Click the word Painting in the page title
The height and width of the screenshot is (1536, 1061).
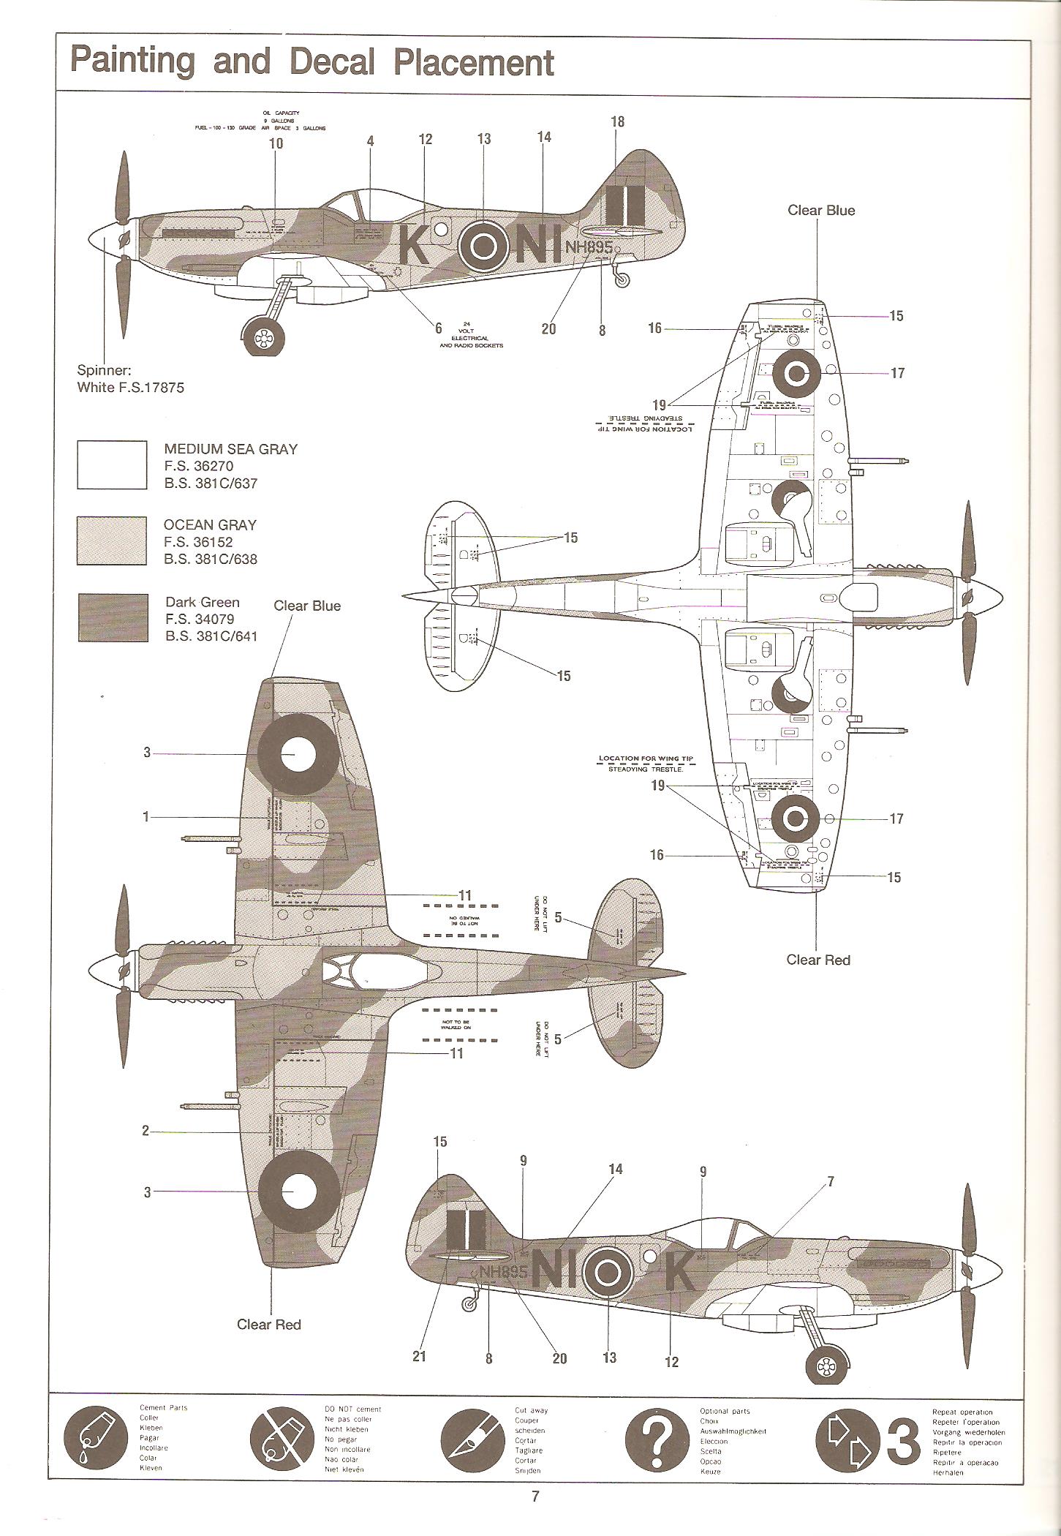pyautogui.click(x=132, y=61)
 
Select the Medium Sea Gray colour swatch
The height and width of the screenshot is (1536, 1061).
pyautogui.click(x=112, y=464)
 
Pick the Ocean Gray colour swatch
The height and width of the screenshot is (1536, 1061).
pyautogui.click(x=112, y=541)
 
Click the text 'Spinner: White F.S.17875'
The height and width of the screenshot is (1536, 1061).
pyautogui.click(x=130, y=379)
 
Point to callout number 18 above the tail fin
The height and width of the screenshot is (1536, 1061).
pyautogui.click(x=617, y=121)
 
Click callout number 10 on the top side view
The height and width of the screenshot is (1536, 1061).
pyautogui.click(x=276, y=143)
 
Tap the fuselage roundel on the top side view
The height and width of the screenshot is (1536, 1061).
pyautogui.click(x=483, y=246)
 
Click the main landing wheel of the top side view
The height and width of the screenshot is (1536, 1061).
pyautogui.click(x=262, y=336)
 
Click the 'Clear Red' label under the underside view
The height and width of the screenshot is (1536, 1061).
pyautogui.click(x=818, y=960)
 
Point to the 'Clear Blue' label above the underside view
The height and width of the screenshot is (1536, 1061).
pyautogui.click(x=820, y=210)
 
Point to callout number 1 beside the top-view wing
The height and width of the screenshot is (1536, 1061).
pyautogui.click(x=146, y=816)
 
